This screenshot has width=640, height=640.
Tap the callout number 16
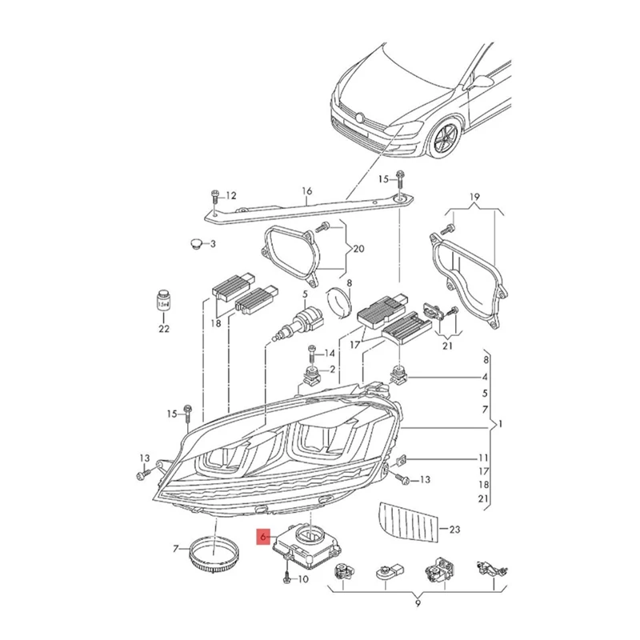click(x=306, y=191)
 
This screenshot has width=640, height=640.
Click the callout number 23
click(x=455, y=529)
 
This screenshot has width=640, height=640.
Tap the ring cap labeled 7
click(x=212, y=552)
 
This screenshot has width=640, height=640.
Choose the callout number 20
click(x=358, y=248)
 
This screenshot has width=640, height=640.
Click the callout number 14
click(x=329, y=353)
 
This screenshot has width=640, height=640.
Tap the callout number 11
click(x=482, y=458)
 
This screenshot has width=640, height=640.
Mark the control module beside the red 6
click(x=308, y=544)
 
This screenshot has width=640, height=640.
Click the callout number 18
click(x=214, y=322)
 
